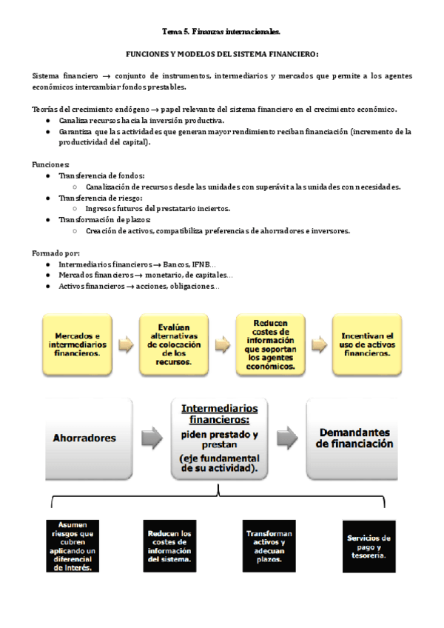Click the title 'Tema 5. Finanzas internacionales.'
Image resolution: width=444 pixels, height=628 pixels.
(x=221, y=32)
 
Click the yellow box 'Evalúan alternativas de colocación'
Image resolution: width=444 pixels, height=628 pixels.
(x=175, y=343)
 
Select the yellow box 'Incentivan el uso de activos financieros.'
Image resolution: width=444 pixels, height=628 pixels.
(x=368, y=343)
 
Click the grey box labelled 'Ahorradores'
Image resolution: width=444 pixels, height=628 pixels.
(x=84, y=438)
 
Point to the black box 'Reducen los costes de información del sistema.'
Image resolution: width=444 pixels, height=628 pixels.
(x=169, y=547)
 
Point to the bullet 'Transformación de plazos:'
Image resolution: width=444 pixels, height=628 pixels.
(x=104, y=220)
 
